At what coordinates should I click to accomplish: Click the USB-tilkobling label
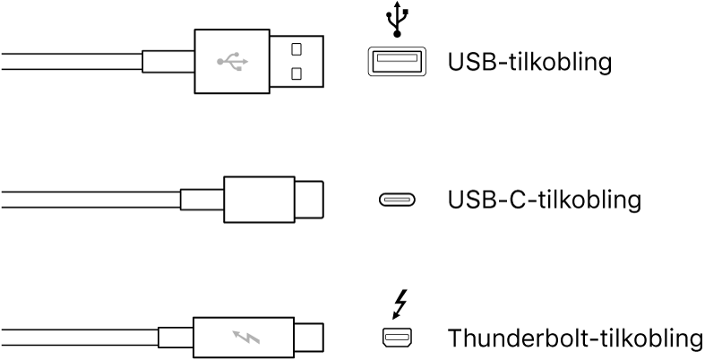[529, 63]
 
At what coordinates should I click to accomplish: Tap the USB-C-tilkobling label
[544, 199]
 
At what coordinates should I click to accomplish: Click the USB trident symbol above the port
[396, 21]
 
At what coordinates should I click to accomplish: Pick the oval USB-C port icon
[395, 200]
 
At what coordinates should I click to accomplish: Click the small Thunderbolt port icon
[395, 338]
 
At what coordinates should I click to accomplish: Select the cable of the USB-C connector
[90, 200]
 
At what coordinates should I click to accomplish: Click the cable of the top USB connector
[72, 63]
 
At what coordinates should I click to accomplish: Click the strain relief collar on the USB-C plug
[202, 200]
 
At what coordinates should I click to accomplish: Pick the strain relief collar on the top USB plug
[168, 63]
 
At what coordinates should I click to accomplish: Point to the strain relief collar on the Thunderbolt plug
[176, 339]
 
